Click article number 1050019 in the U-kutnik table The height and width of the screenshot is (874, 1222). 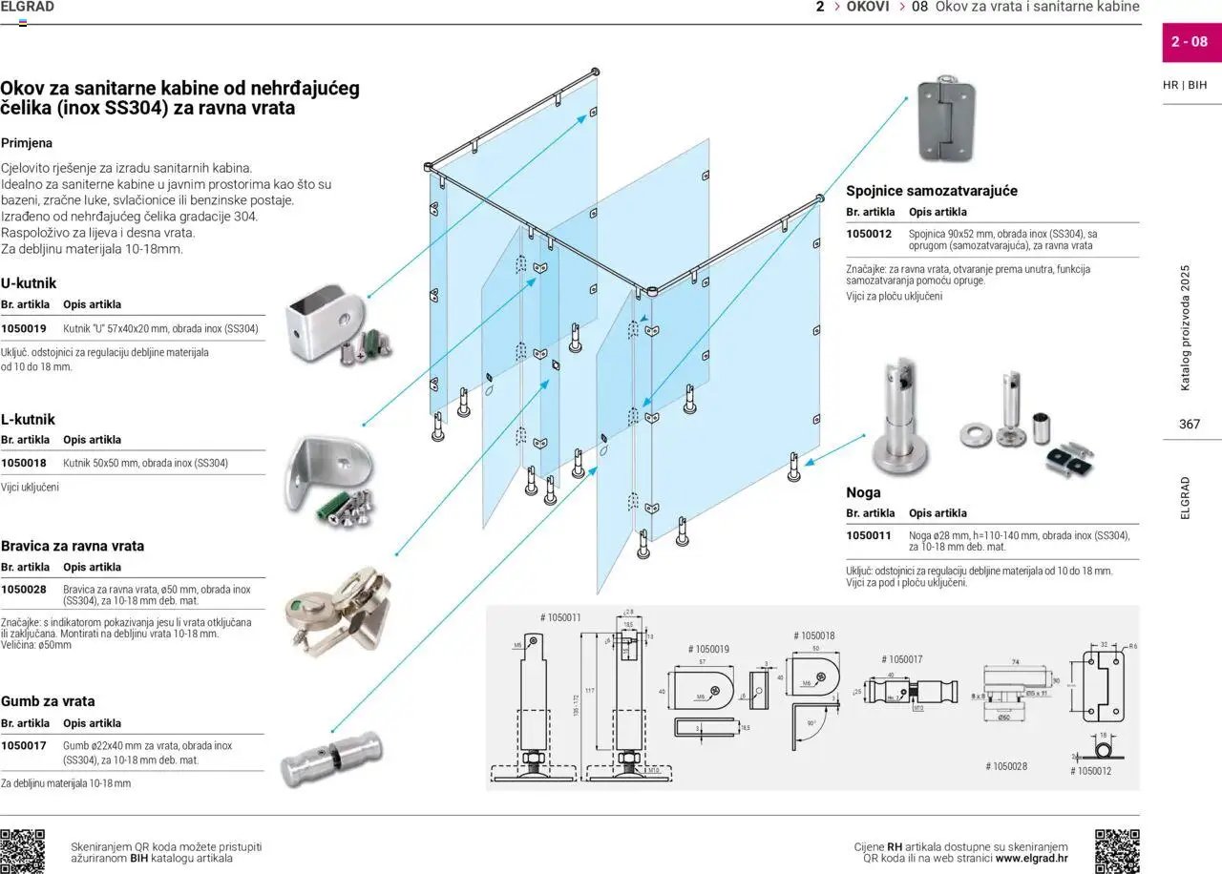tap(24, 328)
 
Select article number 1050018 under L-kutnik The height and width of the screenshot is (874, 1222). tap(24, 464)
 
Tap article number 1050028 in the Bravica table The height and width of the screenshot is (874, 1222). tap(24, 590)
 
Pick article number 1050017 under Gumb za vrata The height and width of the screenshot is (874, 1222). tap(24, 746)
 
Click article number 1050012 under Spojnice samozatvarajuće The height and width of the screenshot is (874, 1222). tap(869, 234)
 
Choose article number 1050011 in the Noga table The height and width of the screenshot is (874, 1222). tap(869, 535)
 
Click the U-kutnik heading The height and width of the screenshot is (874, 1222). tap(29, 283)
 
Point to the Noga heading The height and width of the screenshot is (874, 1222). tap(863, 492)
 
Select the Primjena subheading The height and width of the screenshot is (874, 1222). tap(27, 143)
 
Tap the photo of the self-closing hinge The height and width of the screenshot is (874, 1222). tap(946, 118)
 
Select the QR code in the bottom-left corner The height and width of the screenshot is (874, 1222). tap(22, 851)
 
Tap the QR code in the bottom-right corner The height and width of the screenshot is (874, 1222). tap(1117, 851)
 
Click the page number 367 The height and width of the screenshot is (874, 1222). tap(1189, 425)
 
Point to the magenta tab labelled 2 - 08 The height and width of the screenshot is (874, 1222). tap(1190, 42)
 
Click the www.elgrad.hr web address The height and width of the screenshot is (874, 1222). tap(1032, 858)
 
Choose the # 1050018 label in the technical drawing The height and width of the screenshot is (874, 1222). tap(814, 635)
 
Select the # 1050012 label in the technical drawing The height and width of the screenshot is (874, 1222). tap(1090, 771)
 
